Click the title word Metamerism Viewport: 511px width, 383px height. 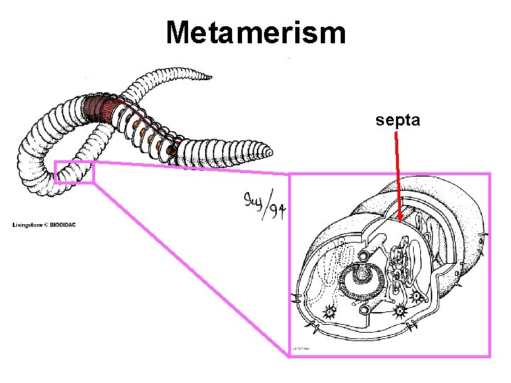point(255,32)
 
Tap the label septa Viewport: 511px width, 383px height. point(398,121)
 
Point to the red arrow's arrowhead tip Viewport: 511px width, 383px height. point(400,220)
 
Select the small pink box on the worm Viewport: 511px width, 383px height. point(74,172)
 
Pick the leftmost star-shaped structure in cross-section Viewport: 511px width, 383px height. point(329,310)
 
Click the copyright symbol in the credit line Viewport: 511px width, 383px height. point(45,226)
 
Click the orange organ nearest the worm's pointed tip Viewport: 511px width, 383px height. point(171,150)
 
